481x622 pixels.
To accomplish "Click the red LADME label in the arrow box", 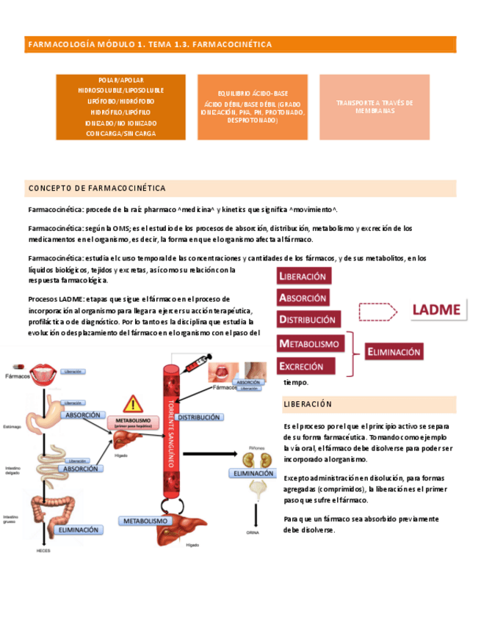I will (435, 310).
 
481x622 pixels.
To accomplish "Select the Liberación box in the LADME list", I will (304, 277).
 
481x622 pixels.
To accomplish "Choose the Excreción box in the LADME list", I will (305, 366).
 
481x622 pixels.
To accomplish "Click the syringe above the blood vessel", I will (196, 364).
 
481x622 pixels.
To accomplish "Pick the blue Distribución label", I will (199, 417).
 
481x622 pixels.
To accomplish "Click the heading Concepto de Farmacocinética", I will (97, 189).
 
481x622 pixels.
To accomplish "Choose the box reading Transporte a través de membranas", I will (374, 107).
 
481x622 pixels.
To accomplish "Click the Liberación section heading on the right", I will (307, 404).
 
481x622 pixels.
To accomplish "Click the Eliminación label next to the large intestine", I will (79, 529).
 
